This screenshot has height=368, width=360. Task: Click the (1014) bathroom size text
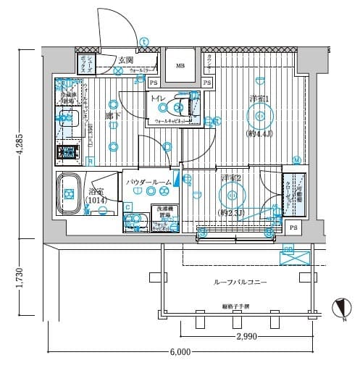tap(96, 200)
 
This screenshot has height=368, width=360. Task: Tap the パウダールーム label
tap(148, 182)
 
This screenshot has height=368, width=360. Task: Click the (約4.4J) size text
tap(259, 134)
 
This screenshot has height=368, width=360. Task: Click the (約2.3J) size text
tap(232, 212)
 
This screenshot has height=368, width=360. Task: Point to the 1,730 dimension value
tap(20, 280)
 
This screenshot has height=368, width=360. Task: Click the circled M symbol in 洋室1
tap(296, 159)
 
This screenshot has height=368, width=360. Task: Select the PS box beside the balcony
tap(293, 228)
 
